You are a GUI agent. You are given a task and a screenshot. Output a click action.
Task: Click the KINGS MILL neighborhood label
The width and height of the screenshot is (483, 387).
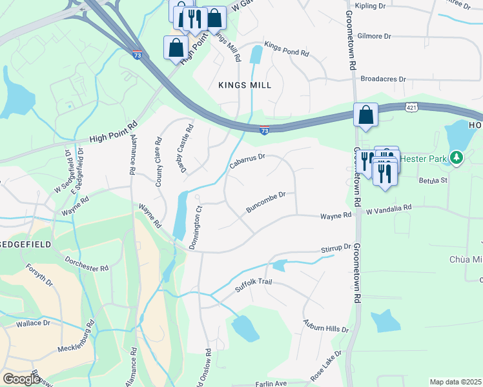coord(245,85)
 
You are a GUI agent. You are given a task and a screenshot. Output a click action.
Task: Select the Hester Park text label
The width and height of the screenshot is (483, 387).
coord(424,158)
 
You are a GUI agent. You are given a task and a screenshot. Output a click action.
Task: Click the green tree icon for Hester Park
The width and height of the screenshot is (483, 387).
coord(457,157)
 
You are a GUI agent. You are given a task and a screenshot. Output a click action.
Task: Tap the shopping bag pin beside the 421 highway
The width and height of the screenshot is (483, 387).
coord(365,115)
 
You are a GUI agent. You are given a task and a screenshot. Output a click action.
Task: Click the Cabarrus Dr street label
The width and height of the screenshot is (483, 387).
coord(247,162)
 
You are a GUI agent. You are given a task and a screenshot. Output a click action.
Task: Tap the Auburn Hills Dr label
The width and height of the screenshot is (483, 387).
coord(326,325)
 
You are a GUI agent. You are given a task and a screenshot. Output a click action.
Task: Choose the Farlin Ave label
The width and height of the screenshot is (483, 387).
coord(271,383)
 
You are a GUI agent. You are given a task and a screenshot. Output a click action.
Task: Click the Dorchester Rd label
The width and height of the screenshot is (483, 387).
coord(87,264)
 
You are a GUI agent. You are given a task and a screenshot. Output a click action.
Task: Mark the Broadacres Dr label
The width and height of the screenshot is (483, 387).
coord(383,79)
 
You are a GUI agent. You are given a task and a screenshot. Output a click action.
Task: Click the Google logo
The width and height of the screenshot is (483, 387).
coord(21,379)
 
